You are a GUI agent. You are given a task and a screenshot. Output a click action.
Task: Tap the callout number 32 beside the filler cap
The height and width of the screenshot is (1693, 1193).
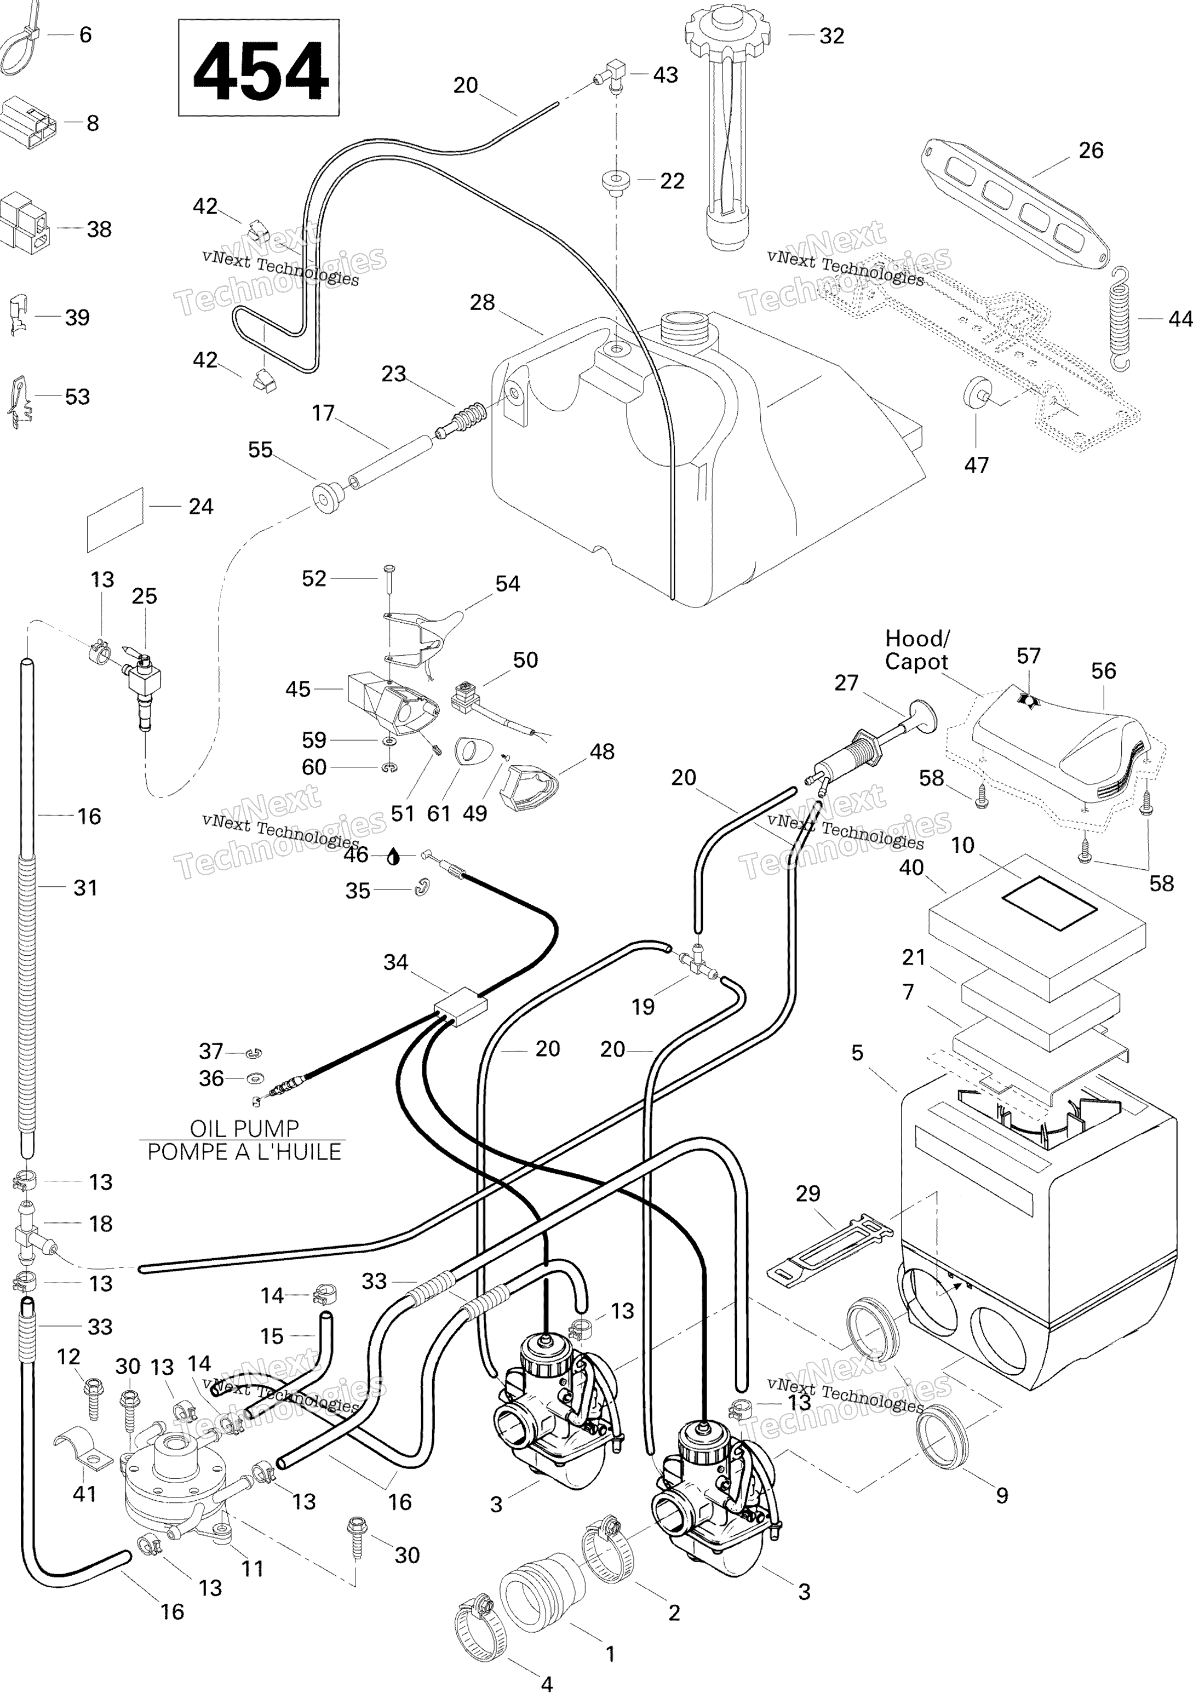[x=831, y=36]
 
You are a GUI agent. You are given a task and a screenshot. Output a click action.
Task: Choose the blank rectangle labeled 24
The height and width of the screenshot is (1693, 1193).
[x=116, y=519]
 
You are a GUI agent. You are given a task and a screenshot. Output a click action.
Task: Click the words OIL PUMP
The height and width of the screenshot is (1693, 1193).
[x=244, y=1129]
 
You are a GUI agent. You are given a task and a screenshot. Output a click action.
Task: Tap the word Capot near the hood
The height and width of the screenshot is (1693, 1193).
[x=916, y=662]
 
